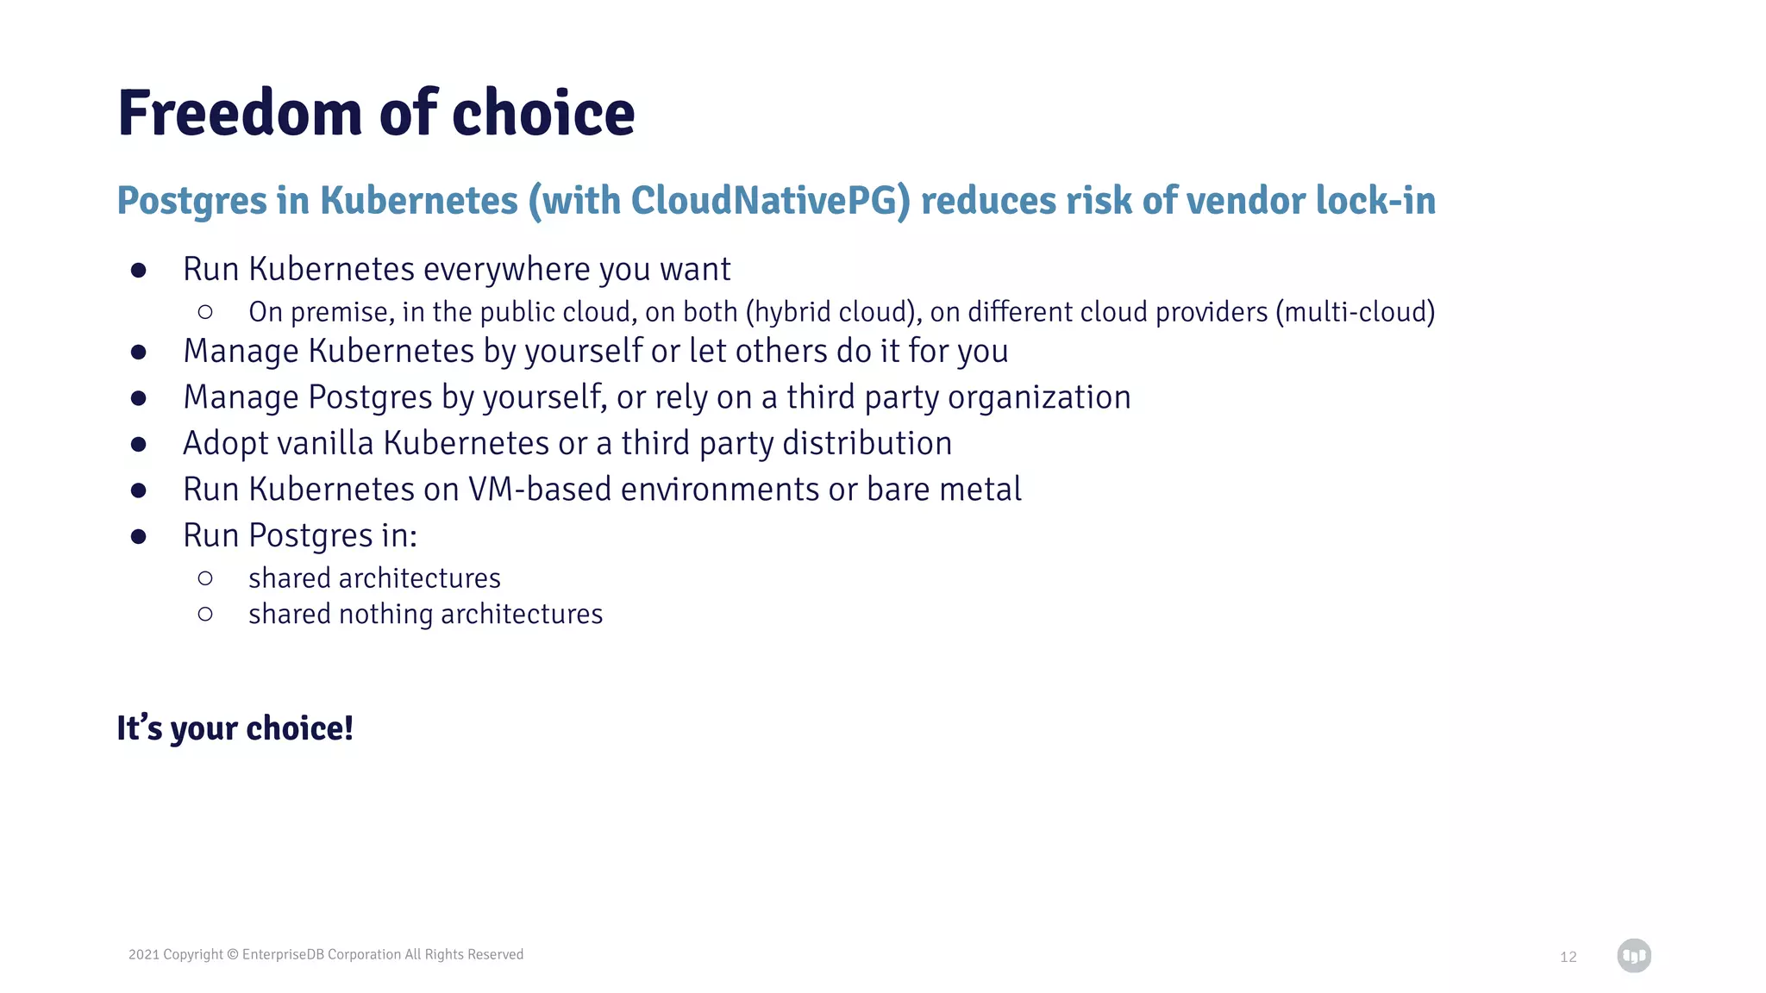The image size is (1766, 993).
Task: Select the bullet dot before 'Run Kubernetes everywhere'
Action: coord(138,271)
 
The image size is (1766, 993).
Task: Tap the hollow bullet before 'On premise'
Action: coord(205,312)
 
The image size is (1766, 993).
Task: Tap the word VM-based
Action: coord(540,490)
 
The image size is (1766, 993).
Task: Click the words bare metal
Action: coord(943,490)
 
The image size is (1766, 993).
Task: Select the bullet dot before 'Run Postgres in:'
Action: coord(138,536)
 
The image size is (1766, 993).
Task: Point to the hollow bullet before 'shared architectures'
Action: coord(205,578)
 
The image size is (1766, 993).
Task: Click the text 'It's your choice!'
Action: coord(235,728)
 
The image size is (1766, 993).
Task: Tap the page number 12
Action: coord(1568,957)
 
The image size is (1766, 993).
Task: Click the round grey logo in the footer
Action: coord(1633,956)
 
